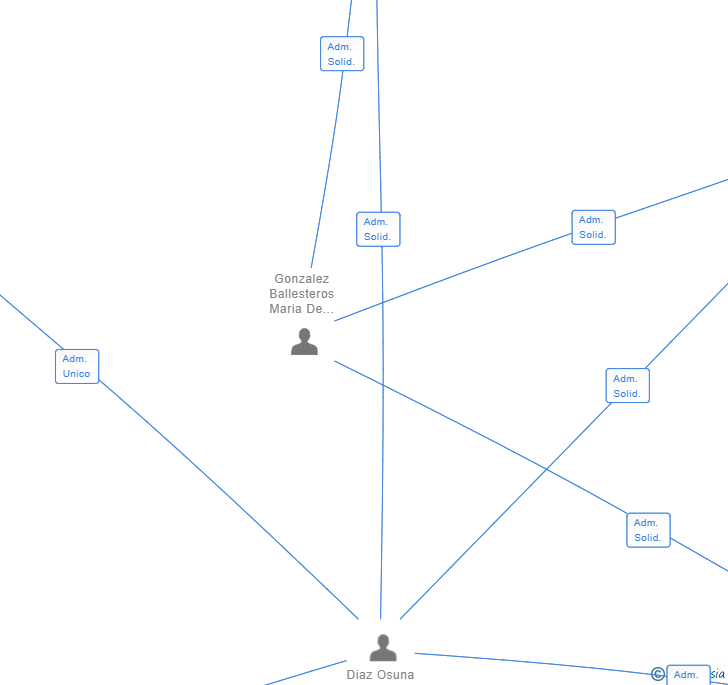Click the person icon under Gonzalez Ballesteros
pyautogui.click(x=304, y=342)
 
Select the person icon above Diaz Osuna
pyautogui.click(x=383, y=648)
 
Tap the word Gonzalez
pyautogui.click(x=301, y=279)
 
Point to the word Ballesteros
pyautogui.click(x=301, y=294)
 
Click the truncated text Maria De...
pyautogui.click(x=301, y=309)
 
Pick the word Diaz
pyautogui.click(x=359, y=675)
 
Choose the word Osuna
pyautogui.click(x=394, y=675)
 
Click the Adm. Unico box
pyautogui.click(x=77, y=366)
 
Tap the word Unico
pyautogui.click(x=77, y=374)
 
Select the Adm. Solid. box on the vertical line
pyautogui.click(x=378, y=229)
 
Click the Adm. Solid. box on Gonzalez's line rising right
pyautogui.click(x=593, y=227)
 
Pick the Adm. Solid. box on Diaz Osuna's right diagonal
pyautogui.click(x=627, y=386)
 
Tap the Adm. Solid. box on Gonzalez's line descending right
pyautogui.click(x=648, y=530)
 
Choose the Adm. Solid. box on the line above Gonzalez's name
pyautogui.click(x=342, y=54)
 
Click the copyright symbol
pyautogui.click(x=657, y=675)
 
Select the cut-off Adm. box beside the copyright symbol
pyautogui.click(x=688, y=675)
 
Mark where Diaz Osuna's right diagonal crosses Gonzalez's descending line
pyautogui.click(x=547, y=469)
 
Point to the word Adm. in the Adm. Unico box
pyautogui.click(x=75, y=359)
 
